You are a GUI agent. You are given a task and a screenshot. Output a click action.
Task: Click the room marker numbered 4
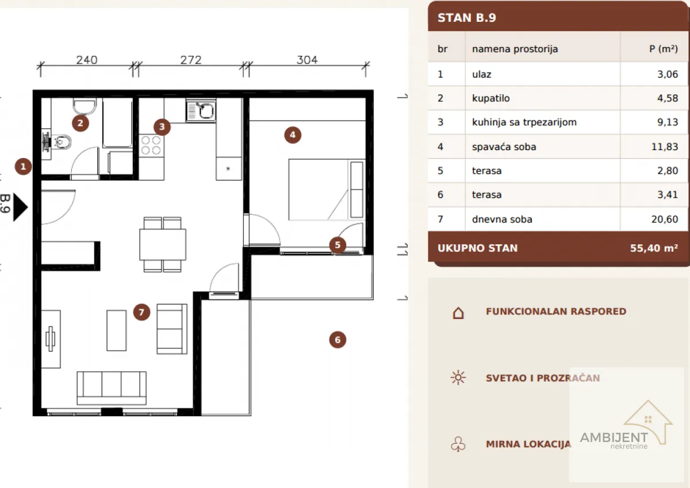pos(293,135)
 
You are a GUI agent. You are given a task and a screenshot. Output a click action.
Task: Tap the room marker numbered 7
pos(141,312)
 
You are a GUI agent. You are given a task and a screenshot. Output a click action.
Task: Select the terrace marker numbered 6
pos(338,340)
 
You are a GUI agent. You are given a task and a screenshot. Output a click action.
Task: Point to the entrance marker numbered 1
pos(23,167)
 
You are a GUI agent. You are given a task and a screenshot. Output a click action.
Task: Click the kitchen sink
pos(201,110)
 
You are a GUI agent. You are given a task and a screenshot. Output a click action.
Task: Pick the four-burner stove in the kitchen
pos(151,145)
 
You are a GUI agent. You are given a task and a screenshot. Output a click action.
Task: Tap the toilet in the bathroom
pos(62,142)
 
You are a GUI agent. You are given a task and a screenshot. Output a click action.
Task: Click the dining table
pos(163,244)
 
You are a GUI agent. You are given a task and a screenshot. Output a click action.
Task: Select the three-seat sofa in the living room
pos(112,388)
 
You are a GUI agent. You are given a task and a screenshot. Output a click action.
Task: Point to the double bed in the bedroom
pos(327,189)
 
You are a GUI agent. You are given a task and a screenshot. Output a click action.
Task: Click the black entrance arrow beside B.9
pos(20,208)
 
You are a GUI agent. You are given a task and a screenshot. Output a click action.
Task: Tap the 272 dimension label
pos(191,60)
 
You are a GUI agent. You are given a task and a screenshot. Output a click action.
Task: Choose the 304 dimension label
pos(307,60)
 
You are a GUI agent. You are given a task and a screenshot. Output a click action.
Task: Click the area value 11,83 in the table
pos(665,147)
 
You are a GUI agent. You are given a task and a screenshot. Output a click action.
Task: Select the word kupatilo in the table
pos(491,98)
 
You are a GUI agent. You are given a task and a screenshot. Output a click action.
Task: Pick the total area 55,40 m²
pos(654,248)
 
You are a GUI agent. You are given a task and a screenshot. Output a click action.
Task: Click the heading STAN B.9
pos(467,18)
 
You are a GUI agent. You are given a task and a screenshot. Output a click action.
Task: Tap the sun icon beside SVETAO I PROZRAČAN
pos(458,378)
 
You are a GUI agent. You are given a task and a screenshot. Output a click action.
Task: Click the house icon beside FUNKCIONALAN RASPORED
pos(458,313)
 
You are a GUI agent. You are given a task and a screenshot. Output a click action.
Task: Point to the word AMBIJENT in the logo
pos(614,437)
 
